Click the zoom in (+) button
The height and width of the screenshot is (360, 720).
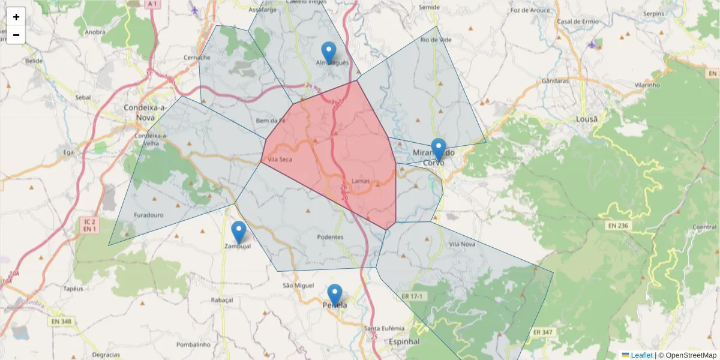tap(16, 17)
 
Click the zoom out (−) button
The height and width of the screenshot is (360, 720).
tap(16, 35)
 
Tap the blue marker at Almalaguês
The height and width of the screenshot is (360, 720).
tap(329, 52)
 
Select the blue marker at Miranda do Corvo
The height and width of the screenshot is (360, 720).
tap(439, 149)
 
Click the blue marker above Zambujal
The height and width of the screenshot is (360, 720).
tap(239, 232)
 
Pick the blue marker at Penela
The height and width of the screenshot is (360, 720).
tap(335, 295)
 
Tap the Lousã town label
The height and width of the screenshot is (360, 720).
tap(587, 119)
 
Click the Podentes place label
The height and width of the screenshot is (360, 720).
tap(330, 237)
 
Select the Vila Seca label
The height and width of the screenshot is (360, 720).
tap(280, 160)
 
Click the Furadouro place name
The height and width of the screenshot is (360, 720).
tap(149, 214)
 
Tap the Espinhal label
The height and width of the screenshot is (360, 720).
tap(404, 341)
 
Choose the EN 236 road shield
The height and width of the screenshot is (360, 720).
tap(617, 226)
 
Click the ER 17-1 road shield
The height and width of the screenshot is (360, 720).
tap(412, 296)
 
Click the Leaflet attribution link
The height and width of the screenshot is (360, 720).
tap(641, 355)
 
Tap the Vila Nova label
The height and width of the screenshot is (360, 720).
tap(462, 244)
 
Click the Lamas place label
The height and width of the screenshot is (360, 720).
tap(361, 181)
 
